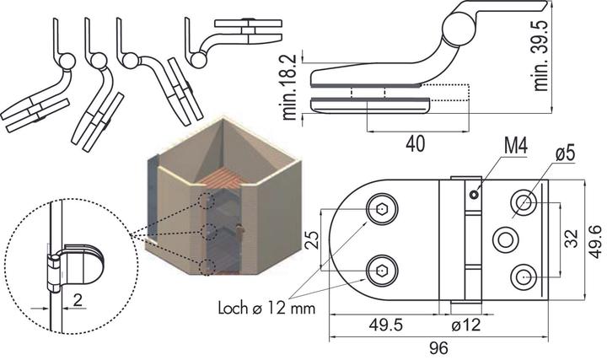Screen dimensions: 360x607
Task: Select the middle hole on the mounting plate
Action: click(x=506, y=239)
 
